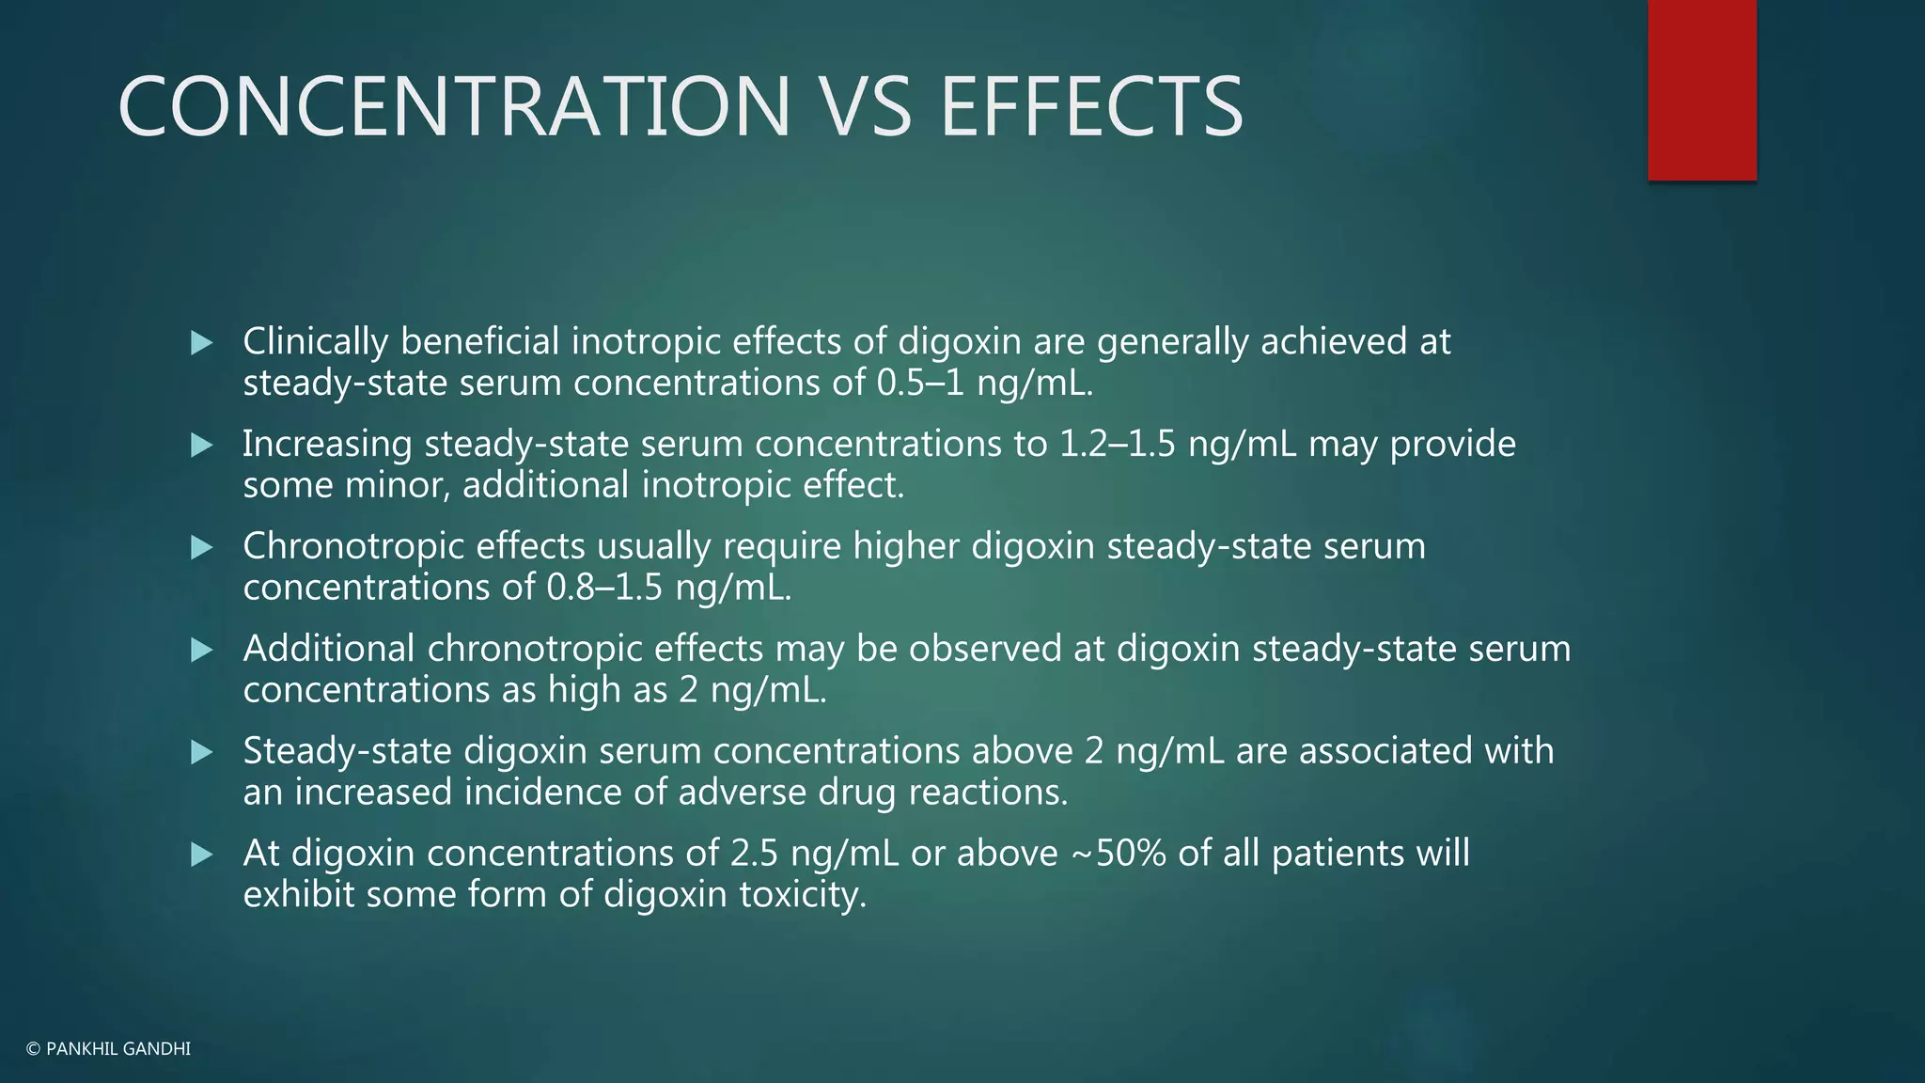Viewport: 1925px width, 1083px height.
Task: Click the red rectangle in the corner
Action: pos(1701,89)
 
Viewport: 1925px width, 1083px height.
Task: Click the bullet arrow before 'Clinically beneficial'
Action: pos(202,343)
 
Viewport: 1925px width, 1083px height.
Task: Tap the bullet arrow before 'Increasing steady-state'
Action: pos(202,446)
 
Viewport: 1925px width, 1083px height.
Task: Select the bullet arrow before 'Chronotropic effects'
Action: pos(202,548)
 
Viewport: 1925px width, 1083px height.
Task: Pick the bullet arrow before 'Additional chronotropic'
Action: pos(202,651)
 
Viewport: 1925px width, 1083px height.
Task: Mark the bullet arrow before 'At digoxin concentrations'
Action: pos(202,855)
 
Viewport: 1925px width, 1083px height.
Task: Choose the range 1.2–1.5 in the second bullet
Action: pos(1118,445)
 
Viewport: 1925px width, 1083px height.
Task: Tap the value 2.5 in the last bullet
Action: pos(755,854)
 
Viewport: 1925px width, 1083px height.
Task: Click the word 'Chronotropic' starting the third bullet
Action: pos(353,547)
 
